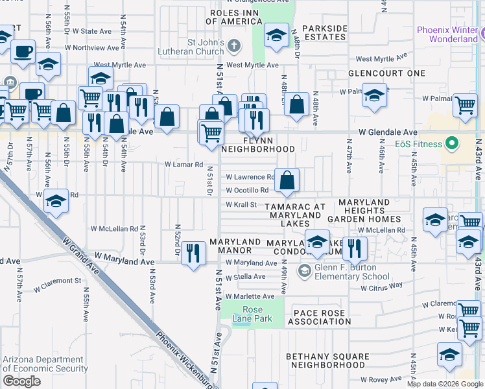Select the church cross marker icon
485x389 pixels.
point(234,45)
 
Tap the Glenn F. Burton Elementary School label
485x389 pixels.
point(352,272)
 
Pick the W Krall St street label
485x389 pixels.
point(242,204)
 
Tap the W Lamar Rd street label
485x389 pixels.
point(184,165)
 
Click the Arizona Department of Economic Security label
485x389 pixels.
point(45,364)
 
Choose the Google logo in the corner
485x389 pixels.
point(21,381)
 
